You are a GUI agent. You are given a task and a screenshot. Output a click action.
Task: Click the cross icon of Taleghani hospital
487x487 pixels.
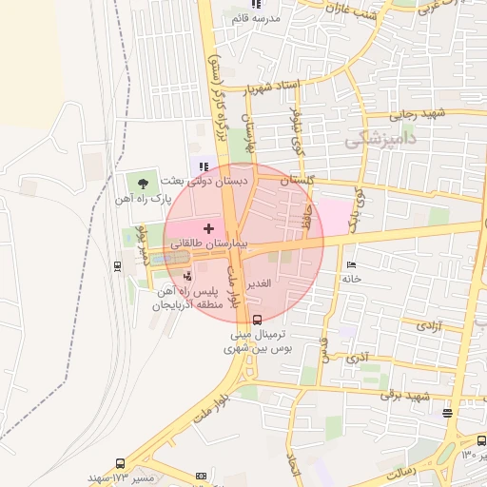(208, 228)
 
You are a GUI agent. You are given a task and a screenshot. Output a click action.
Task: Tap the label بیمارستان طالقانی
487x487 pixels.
(209, 244)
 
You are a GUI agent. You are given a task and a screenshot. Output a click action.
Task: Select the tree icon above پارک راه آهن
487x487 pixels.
(143, 182)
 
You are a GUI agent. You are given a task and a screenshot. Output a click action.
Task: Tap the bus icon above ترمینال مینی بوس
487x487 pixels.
(260, 321)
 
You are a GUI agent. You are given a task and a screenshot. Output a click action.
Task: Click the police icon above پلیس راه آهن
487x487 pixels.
(186, 275)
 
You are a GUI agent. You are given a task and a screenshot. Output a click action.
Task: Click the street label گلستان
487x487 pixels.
(298, 180)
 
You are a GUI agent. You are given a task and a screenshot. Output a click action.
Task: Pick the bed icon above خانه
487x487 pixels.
(351, 264)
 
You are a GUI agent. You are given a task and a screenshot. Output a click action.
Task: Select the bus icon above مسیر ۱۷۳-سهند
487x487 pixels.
(121, 463)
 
